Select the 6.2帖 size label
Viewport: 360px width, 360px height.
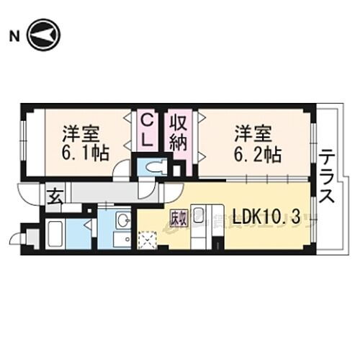pyautogui.click(x=256, y=153)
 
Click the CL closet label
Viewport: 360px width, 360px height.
pyautogui.click(x=147, y=129)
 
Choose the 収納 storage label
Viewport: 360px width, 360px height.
pyautogui.click(x=179, y=130)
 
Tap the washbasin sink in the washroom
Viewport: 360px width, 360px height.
pyautogui.click(x=122, y=219)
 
